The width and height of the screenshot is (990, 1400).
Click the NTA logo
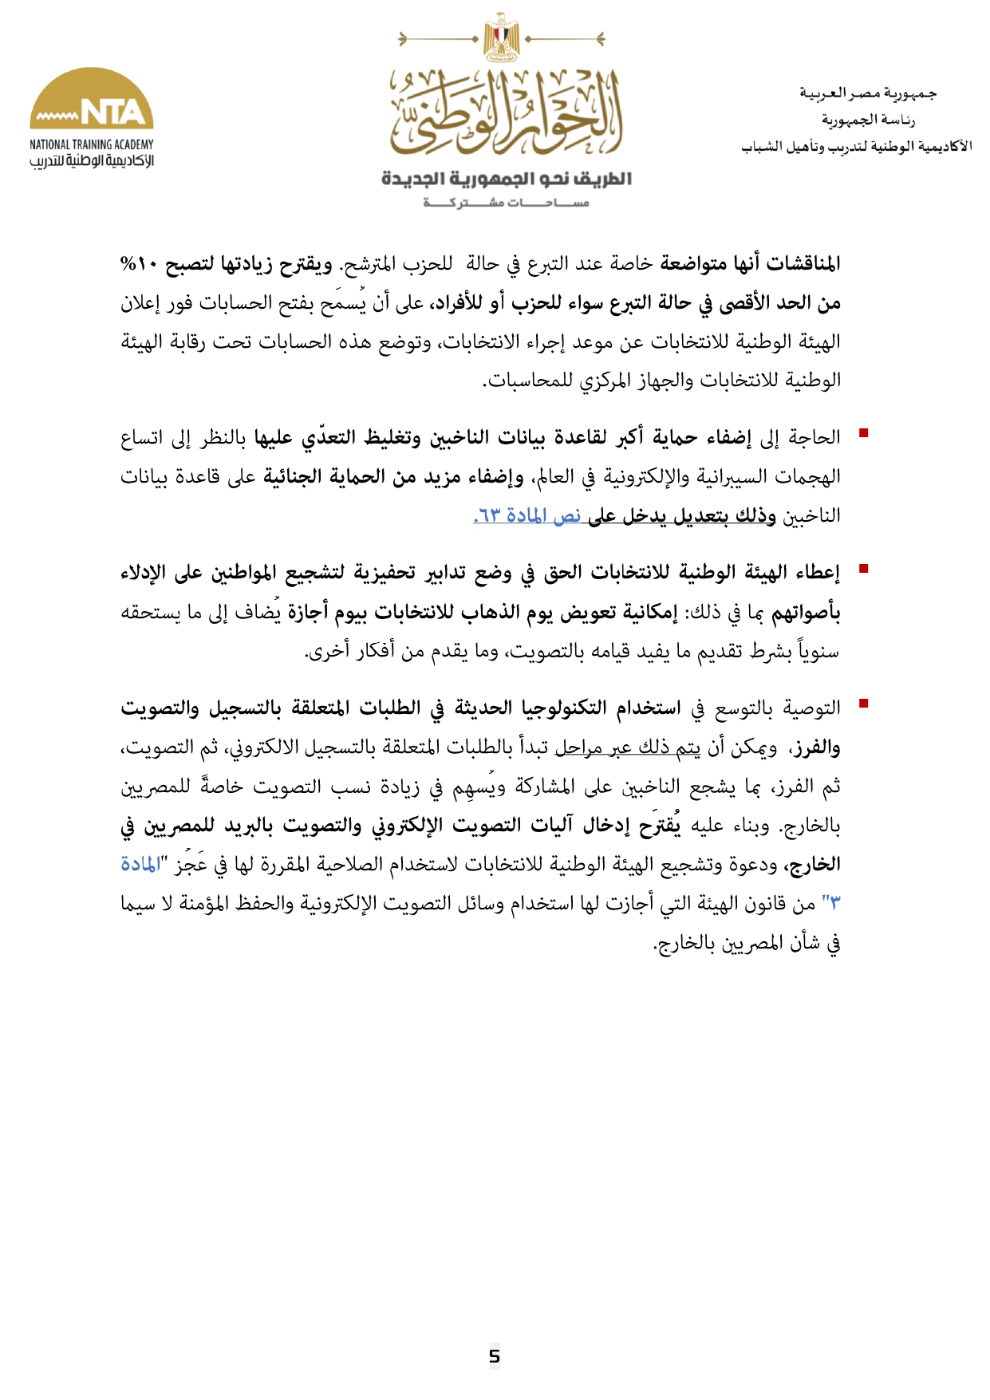[92, 100]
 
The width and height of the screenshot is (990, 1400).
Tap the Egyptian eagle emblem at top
[501, 37]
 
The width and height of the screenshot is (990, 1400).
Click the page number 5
[495, 1355]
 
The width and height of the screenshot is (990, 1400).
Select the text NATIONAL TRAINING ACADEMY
[92, 144]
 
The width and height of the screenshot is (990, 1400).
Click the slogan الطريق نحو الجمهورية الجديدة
[506, 178]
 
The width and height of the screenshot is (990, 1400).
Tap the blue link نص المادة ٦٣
[527, 516]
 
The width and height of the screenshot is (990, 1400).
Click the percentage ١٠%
[139, 264]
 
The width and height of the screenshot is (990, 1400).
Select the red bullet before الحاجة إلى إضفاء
[862, 434]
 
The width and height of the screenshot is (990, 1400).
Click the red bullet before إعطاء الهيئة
[862, 569]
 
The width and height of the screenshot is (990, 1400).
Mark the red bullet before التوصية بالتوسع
[862, 704]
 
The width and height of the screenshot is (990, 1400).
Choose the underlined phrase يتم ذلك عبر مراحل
[627, 747]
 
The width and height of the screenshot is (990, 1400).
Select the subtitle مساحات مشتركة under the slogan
[506, 203]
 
